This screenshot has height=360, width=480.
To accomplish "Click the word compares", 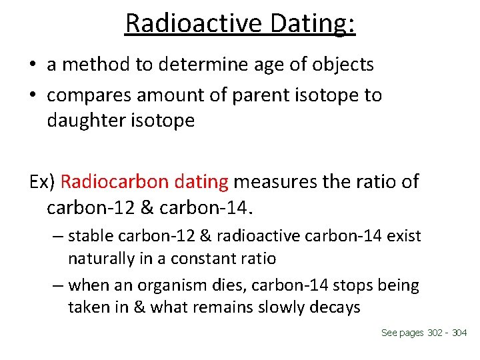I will click(89, 95).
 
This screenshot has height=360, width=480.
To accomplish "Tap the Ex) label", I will click(42, 181).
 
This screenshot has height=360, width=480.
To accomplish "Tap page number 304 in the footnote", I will click(459, 333).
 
